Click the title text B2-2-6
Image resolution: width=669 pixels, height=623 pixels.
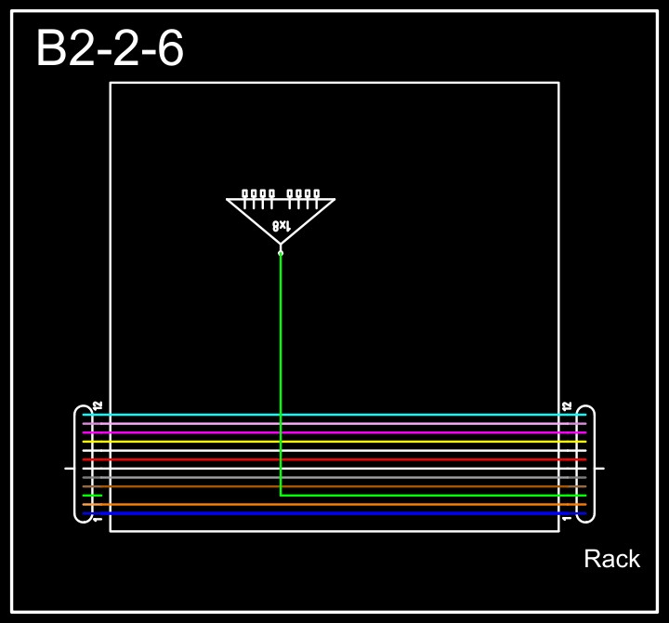coord(110,48)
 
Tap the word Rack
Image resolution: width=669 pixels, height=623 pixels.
coord(611,559)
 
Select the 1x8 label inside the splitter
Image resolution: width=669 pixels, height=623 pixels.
coord(282,226)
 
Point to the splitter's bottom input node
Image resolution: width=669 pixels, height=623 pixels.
coord(281,252)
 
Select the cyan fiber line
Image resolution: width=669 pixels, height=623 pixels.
coord(334,415)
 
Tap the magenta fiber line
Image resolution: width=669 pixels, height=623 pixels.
coord(334,432)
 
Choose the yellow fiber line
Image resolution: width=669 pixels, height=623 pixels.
coord(334,442)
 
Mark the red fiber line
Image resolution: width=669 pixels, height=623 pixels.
coord(334,459)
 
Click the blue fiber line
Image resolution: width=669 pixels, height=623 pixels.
coord(334,513)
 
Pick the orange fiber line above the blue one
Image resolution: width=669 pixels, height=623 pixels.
coord(334,504)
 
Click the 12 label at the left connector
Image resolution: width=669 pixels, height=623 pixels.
coord(98,405)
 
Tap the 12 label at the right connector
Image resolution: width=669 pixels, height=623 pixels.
coord(567,405)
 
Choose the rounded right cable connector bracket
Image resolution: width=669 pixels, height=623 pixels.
coord(591,464)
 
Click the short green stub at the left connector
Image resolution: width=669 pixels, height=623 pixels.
coord(92,496)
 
